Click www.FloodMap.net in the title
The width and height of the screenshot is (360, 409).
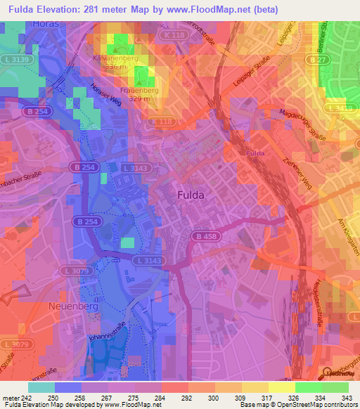210,9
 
